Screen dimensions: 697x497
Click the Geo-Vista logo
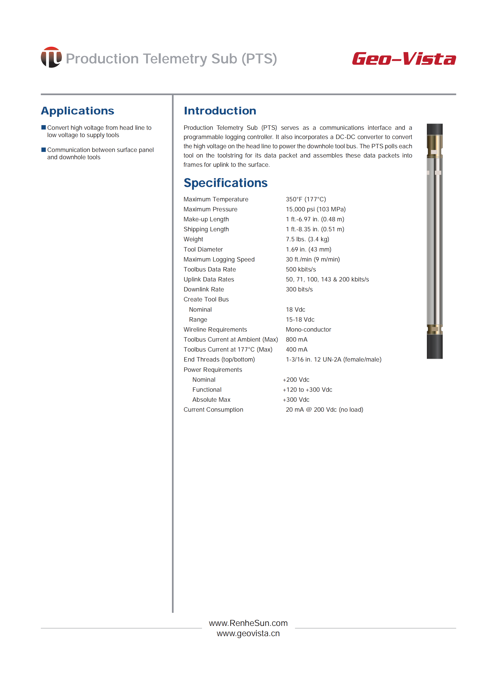tap(404, 58)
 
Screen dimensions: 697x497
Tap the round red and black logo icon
tap(51, 57)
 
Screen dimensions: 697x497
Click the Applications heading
tap(77, 111)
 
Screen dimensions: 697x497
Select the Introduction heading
tap(220, 111)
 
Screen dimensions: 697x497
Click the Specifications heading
tap(225, 183)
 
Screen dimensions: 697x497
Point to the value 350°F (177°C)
tap(306, 199)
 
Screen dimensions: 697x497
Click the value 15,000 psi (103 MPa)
tap(316, 209)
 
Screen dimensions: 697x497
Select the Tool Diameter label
tap(203, 249)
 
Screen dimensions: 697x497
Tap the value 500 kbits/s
tap(300, 269)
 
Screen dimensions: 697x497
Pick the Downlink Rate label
tap(204, 289)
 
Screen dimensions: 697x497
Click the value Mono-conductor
tap(308, 330)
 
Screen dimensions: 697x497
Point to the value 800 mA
tap(296, 340)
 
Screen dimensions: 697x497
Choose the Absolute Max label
tap(211, 400)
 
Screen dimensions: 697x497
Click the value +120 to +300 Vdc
tap(307, 390)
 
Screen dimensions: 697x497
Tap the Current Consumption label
tap(213, 410)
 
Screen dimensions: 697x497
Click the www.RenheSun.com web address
tap(248, 623)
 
